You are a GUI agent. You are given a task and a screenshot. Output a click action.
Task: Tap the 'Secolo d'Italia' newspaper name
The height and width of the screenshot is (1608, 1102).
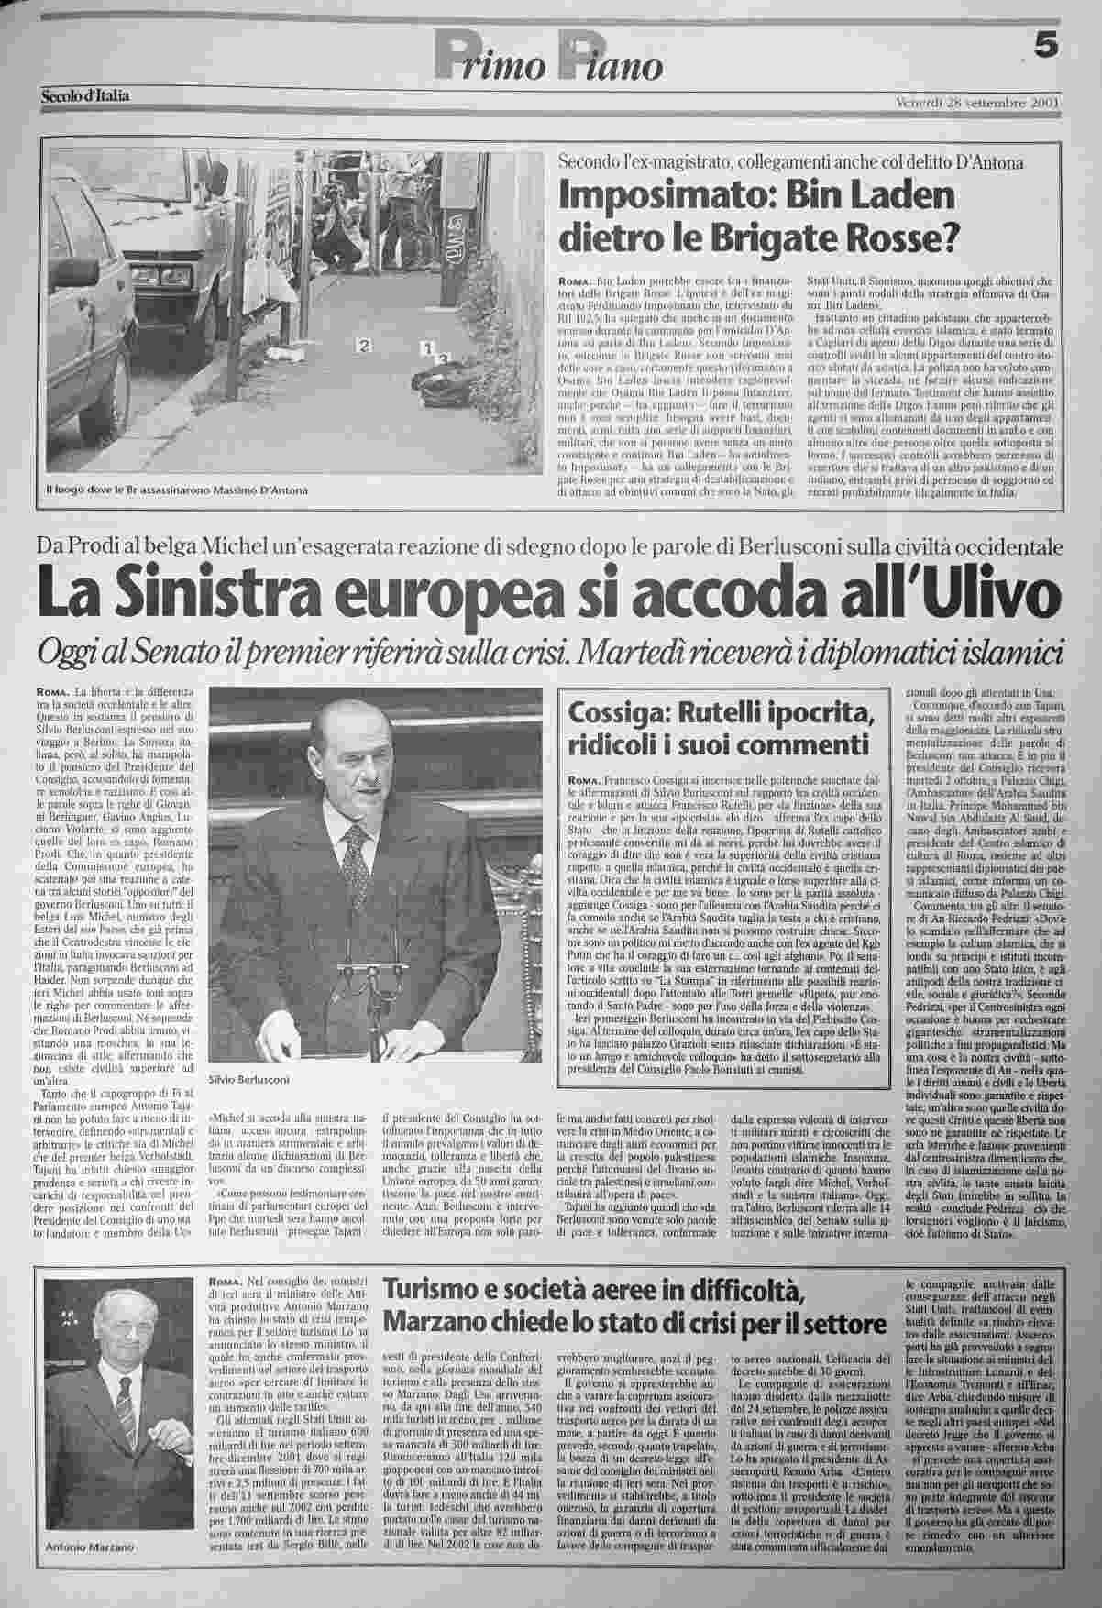[x=85, y=94]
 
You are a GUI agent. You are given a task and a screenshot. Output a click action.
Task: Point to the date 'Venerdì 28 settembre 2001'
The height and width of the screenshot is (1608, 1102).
[x=978, y=101]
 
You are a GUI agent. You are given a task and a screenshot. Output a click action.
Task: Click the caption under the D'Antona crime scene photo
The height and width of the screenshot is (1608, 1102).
[x=177, y=490]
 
